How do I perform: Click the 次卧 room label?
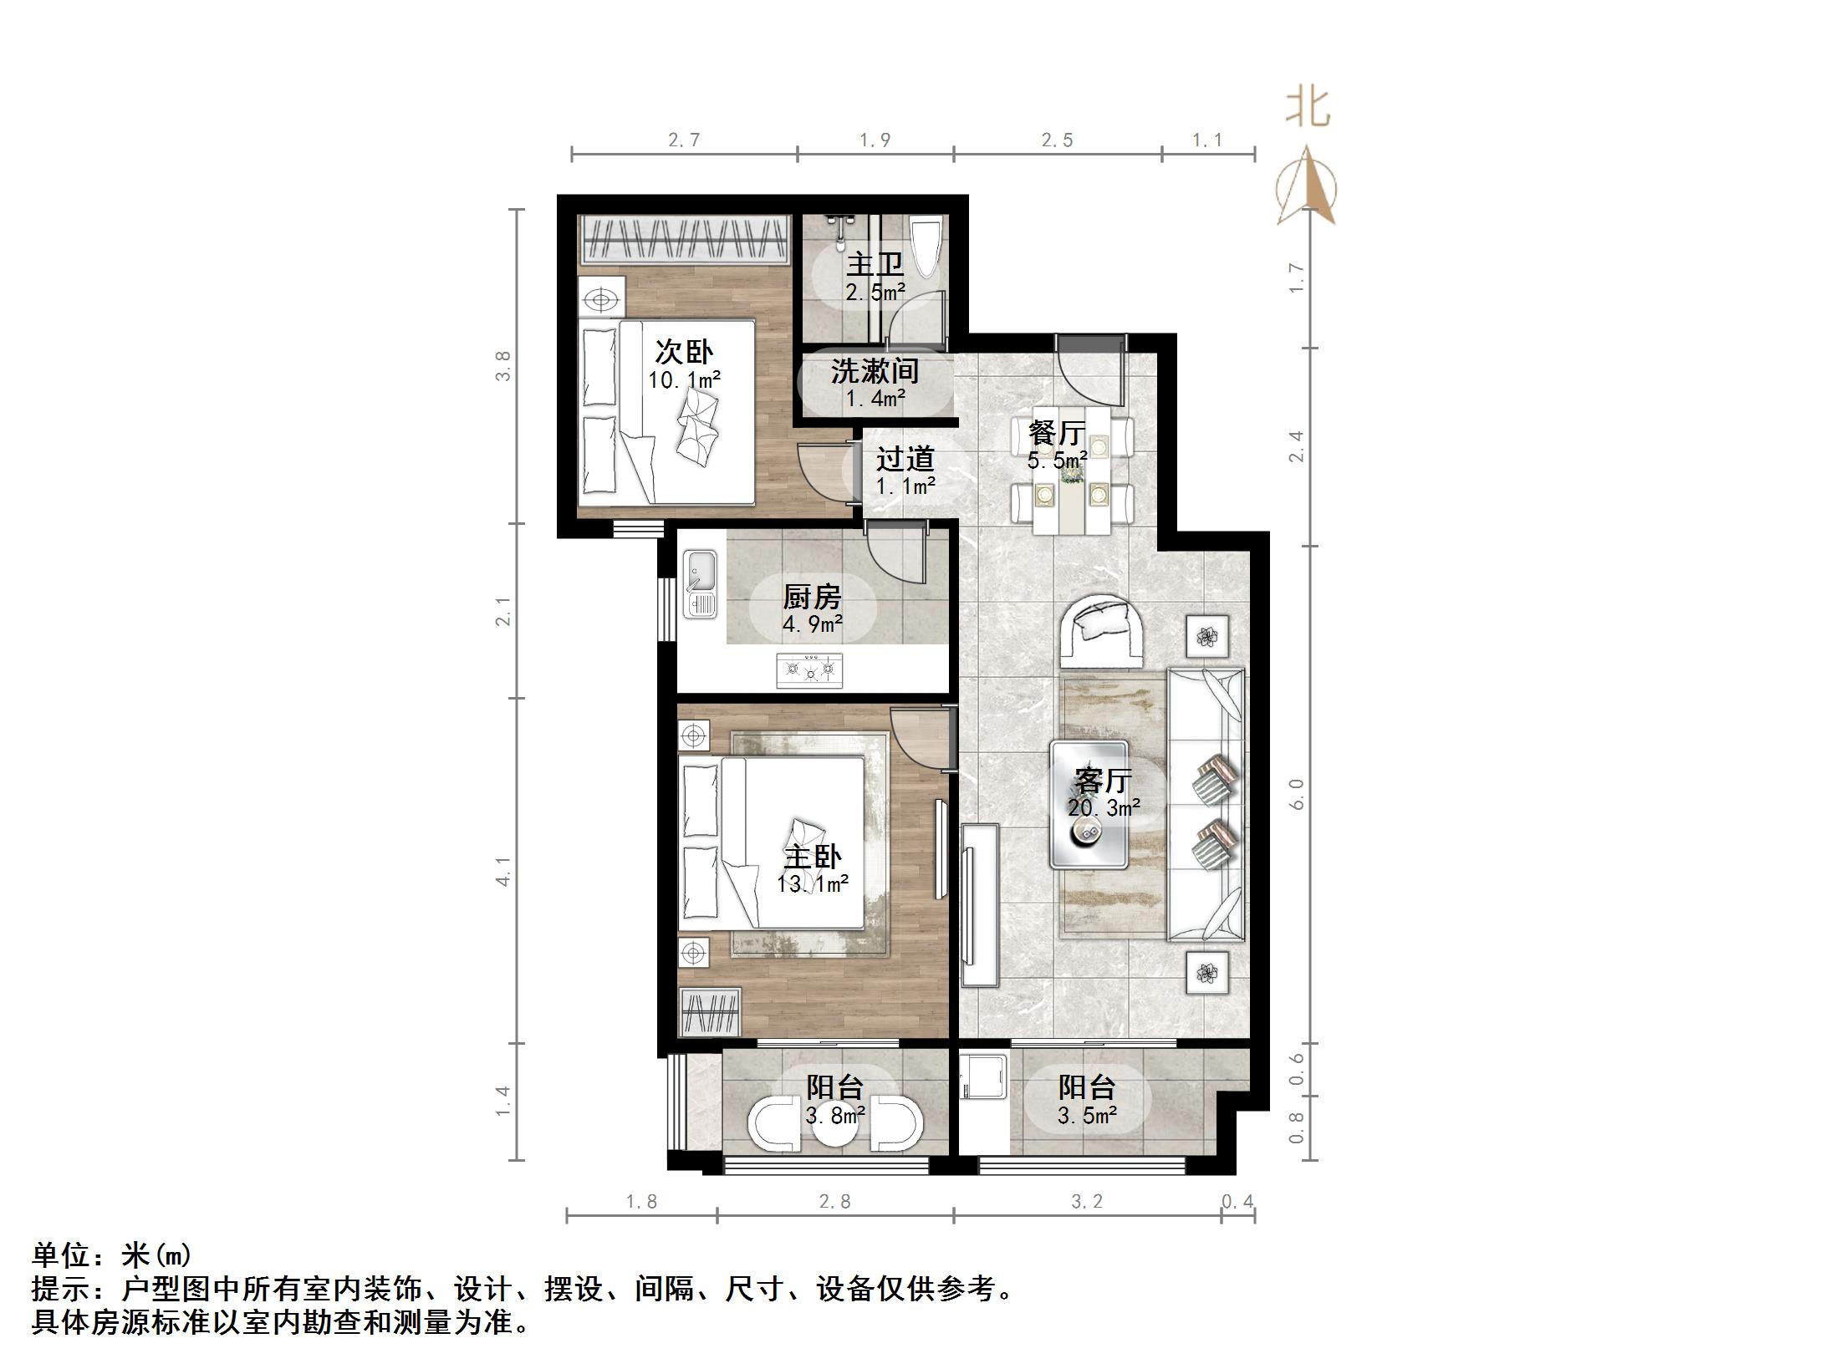click(x=684, y=352)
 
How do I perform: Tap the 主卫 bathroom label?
click(x=875, y=264)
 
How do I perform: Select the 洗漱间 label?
click(x=875, y=370)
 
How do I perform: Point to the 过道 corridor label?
click(x=905, y=458)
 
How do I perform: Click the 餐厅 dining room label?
click(x=1057, y=432)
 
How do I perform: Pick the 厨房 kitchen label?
click(x=812, y=597)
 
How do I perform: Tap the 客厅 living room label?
click(x=1103, y=780)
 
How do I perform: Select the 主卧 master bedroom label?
click(x=812, y=856)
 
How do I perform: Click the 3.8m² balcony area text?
click(x=835, y=1116)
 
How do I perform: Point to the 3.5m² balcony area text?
click(x=1087, y=1116)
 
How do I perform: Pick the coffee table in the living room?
click(x=1089, y=803)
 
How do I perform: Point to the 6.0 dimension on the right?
click(x=1297, y=794)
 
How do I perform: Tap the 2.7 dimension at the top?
click(x=683, y=140)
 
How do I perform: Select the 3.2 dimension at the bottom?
click(x=1087, y=1202)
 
